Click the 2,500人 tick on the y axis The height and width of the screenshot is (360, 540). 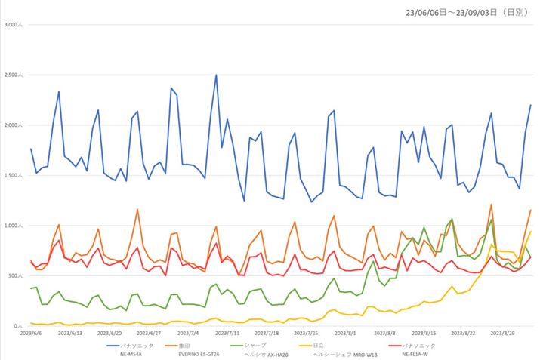[14, 75]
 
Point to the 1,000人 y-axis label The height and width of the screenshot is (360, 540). [14, 226]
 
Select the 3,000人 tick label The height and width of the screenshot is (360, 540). [14, 25]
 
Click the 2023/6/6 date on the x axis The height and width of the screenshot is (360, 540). [30, 332]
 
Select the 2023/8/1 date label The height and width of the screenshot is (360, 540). [345, 332]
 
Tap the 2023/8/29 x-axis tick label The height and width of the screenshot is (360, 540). [502, 332]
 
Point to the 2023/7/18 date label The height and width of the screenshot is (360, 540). [267, 332]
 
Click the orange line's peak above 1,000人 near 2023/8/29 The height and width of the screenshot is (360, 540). [491, 205]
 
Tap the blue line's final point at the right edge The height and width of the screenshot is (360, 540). [531, 105]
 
